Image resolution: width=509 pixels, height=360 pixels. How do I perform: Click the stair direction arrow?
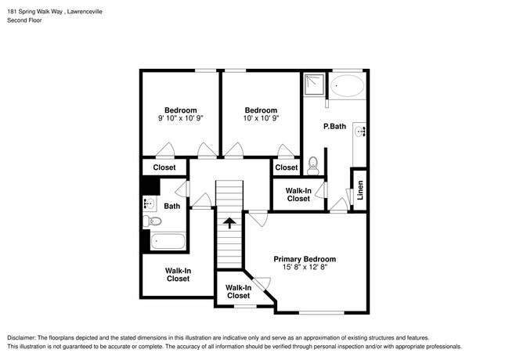point(229,223)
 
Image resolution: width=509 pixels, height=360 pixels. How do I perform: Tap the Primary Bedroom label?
point(305,259)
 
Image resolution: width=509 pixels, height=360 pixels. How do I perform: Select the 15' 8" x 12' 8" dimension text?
point(305,267)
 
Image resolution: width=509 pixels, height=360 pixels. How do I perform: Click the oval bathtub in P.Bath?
point(347,85)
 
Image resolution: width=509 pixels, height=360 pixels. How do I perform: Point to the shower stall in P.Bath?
point(314,85)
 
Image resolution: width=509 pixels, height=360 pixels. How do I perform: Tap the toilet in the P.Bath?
point(313,165)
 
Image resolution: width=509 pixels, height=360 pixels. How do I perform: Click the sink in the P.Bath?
point(359,131)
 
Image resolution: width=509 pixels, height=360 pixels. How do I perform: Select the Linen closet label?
point(360,190)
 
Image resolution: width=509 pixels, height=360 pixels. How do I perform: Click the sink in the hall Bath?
point(149,204)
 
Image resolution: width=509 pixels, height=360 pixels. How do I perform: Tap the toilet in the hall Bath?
point(152,221)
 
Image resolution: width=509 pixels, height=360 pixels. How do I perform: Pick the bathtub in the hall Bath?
point(168,241)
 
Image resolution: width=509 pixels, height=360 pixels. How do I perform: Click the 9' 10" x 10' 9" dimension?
point(180,118)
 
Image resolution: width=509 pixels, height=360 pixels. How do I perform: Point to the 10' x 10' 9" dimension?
point(261,118)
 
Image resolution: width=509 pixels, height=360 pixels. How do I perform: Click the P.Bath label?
point(334,126)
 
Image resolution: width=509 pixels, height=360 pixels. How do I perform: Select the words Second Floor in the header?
point(24,20)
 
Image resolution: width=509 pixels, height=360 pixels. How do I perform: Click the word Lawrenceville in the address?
point(85,12)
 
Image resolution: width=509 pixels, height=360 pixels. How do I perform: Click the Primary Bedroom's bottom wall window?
point(321,313)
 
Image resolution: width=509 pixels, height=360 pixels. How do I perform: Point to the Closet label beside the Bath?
point(164,167)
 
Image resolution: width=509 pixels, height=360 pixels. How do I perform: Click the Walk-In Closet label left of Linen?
point(298,195)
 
